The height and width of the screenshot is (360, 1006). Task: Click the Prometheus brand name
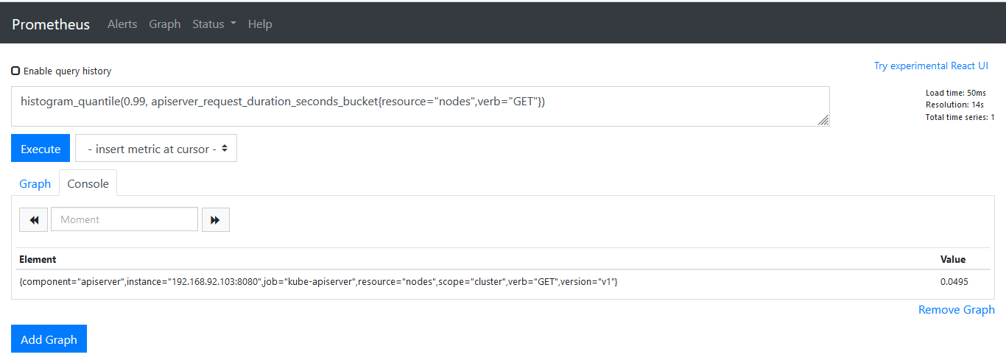pos(51,24)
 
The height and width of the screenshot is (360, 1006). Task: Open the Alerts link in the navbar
pos(122,24)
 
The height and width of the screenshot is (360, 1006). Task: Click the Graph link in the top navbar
pos(165,24)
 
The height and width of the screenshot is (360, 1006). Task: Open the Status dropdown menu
pos(214,24)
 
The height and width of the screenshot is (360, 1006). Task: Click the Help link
pos(260,24)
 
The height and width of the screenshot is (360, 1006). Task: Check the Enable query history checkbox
pos(15,71)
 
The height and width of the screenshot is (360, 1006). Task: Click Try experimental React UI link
pos(931,66)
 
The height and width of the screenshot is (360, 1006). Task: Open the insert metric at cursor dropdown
pos(156,148)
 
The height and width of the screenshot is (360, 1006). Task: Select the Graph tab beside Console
pos(35,183)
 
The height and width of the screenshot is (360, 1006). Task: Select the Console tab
pos(88,183)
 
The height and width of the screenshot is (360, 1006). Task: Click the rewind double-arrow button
pos(33,220)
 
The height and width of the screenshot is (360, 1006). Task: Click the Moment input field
pos(124,219)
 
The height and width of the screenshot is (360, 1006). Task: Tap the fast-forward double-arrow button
pos(216,220)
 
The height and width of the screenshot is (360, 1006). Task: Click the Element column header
pos(38,259)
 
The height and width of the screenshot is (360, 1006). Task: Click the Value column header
pos(953,259)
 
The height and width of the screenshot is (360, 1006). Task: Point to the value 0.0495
pos(954,282)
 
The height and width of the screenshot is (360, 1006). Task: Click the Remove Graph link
pos(957,310)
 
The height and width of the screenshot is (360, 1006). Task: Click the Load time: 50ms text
pos(956,93)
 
